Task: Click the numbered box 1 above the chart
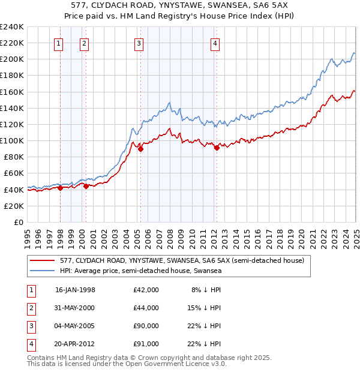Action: pyautogui.click(x=59, y=43)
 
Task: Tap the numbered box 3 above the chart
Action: pyautogui.click(x=139, y=43)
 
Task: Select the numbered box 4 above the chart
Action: pyautogui.click(x=214, y=43)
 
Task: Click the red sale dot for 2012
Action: pyautogui.click(x=217, y=148)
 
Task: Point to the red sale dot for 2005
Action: pyautogui.click(x=140, y=149)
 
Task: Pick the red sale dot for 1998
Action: pyautogui.click(x=61, y=188)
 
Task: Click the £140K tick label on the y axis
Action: pyautogui.click(x=12, y=108)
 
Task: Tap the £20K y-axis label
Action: pyautogui.click(x=14, y=206)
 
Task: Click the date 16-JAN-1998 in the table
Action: pyautogui.click(x=75, y=290)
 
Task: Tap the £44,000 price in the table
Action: pyautogui.click(x=146, y=308)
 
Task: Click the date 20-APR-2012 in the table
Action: pyautogui.click(x=75, y=344)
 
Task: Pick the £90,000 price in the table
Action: pyautogui.click(x=146, y=326)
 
